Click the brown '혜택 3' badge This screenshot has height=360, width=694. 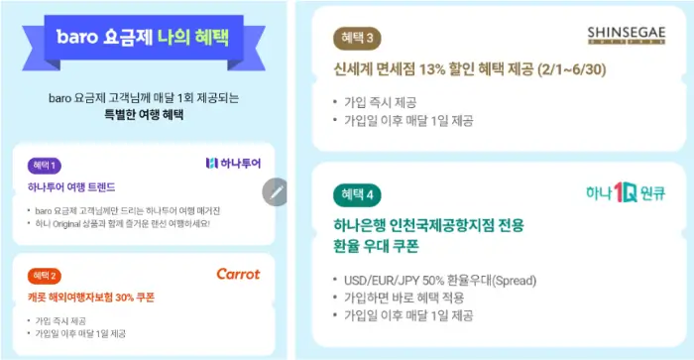[x=357, y=39]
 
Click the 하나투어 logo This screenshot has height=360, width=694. [x=231, y=163]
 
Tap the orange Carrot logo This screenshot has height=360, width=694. [x=237, y=274]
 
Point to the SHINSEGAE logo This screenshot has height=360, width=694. [x=616, y=34]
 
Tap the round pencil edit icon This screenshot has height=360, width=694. [x=276, y=191]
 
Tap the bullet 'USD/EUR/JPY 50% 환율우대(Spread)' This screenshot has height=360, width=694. [x=458, y=279]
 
